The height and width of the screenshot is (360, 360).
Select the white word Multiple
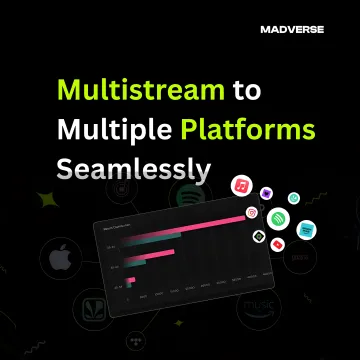[106, 131]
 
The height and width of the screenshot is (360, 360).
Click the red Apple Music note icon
[240, 186]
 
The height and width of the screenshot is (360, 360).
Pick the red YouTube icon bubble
[276, 245]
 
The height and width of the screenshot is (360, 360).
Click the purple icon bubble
[267, 193]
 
